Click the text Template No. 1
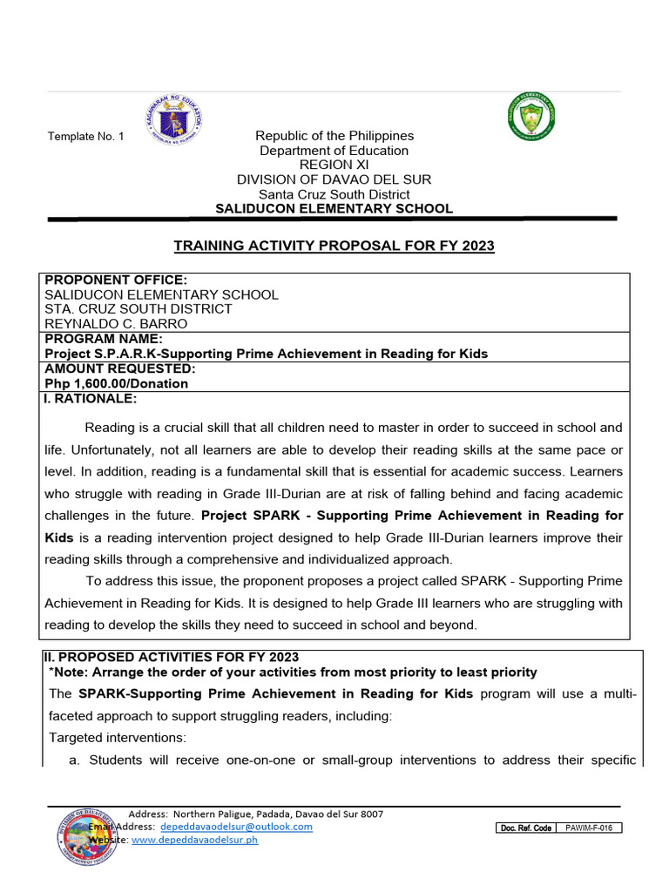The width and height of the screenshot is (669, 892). pyautogui.click(x=86, y=137)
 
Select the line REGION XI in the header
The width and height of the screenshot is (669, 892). pyautogui.click(x=334, y=165)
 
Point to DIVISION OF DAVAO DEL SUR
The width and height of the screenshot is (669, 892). pyautogui.click(x=334, y=179)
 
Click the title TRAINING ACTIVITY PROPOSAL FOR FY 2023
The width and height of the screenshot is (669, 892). pyautogui.click(x=334, y=246)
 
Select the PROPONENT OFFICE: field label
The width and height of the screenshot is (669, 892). pyautogui.click(x=116, y=280)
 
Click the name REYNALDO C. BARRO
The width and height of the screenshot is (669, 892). pyautogui.click(x=116, y=324)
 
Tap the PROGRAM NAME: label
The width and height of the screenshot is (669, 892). pyautogui.click(x=104, y=339)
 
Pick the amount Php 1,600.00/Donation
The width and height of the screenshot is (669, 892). pyautogui.click(x=116, y=383)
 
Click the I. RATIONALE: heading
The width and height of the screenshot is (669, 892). pyautogui.click(x=91, y=399)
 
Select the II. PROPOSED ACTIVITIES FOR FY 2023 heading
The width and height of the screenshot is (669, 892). pyautogui.click(x=172, y=657)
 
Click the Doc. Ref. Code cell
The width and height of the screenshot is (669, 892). pyautogui.click(x=525, y=828)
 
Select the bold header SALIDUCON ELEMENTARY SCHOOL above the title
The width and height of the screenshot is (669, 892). pyautogui.click(x=334, y=209)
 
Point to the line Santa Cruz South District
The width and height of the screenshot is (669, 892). pyautogui.click(x=334, y=194)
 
